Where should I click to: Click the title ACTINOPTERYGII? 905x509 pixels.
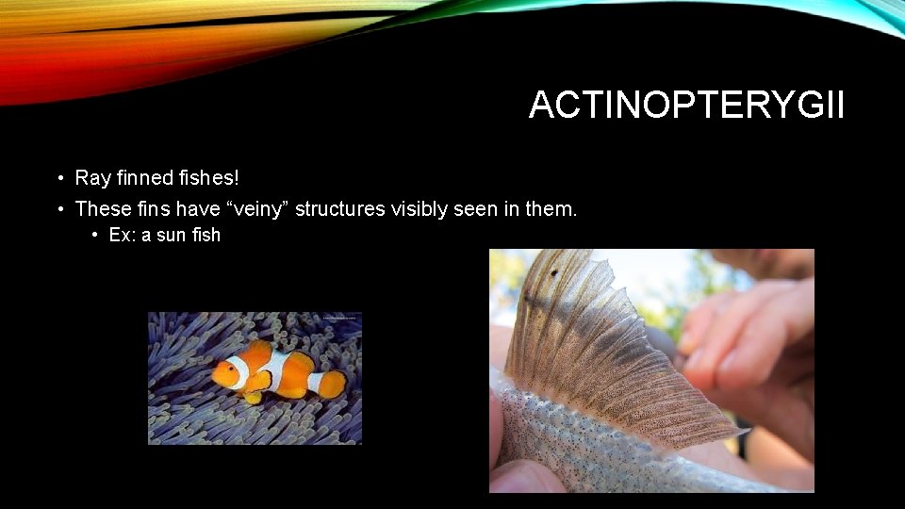(x=686, y=105)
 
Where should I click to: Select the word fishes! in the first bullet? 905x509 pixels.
(x=206, y=177)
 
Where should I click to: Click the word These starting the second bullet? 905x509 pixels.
(x=100, y=208)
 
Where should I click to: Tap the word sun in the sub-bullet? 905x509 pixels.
(x=172, y=235)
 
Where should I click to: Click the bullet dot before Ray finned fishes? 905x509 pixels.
(x=58, y=177)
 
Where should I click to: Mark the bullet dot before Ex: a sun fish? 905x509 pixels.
(x=95, y=235)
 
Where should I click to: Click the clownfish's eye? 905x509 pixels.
(x=225, y=370)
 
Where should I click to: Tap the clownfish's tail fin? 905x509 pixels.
(x=333, y=384)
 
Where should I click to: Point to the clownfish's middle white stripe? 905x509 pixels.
(x=277, y=371)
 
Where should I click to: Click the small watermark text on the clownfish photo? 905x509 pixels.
(x=339, y=319)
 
